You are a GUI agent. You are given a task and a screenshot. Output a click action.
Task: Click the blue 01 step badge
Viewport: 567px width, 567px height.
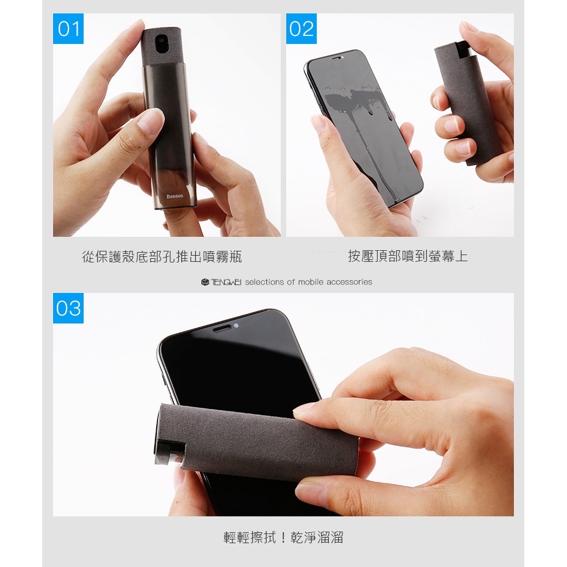click(68, 29)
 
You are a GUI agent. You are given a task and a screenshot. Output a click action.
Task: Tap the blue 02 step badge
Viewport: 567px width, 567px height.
click(302, 29)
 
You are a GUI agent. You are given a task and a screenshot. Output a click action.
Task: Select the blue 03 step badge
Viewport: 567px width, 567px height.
click(68, 308)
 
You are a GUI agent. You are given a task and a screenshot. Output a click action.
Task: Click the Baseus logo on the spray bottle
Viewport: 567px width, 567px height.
click(175, 196)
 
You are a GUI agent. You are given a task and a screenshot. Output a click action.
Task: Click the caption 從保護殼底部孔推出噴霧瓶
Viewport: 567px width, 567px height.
click(162, 256)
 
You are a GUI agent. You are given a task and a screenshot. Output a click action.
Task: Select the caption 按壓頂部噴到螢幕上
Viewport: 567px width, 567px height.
click(408, 256)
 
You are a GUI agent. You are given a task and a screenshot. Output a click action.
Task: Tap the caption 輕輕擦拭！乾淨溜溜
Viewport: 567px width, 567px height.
click(283, 537)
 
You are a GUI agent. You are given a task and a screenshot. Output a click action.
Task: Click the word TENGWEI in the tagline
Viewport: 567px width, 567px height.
click(226, 282)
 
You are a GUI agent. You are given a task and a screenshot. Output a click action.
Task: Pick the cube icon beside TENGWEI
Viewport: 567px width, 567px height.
click(205, 282)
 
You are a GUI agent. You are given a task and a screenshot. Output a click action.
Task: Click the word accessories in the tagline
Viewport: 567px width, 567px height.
click(349, 282)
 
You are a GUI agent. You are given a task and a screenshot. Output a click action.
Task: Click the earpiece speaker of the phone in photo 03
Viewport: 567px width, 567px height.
click(222, 328)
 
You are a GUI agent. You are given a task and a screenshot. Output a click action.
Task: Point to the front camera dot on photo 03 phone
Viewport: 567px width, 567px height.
click(236, 326)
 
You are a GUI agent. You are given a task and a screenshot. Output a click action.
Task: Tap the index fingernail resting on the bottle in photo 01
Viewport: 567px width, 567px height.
click(149, 122)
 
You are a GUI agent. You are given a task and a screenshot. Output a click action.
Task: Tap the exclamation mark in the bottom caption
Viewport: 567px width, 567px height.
click(283, 537)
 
